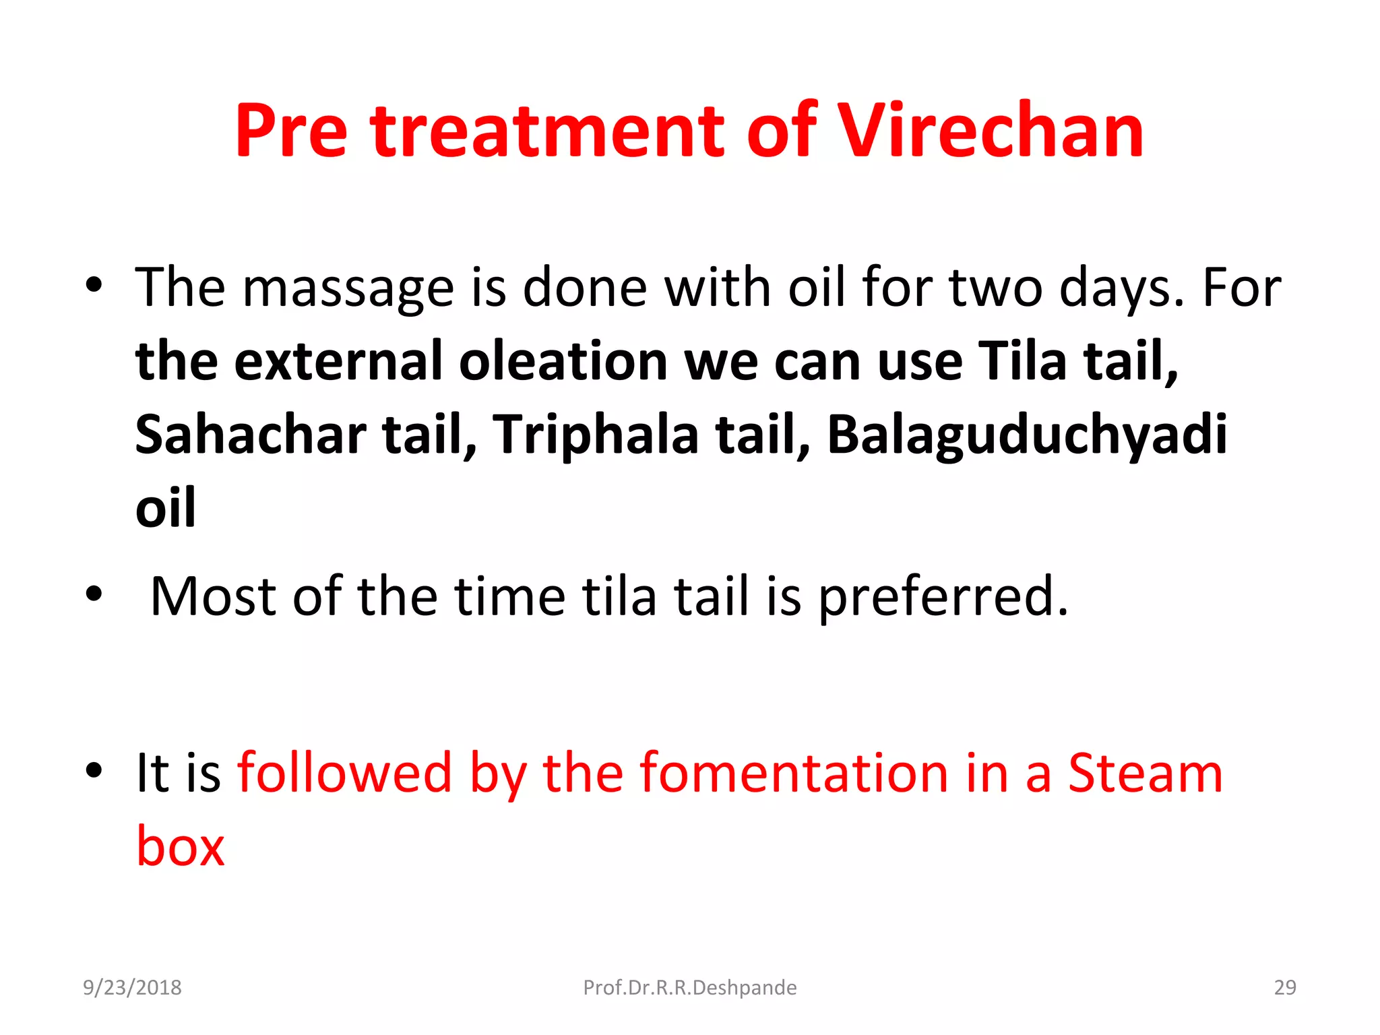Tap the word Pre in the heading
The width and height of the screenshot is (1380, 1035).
click(291, 131)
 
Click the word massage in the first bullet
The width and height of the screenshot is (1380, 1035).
click(348, 288)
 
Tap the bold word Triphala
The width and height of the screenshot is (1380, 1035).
click(596, 435)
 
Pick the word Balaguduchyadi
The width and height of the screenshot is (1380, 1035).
click(1026, 435)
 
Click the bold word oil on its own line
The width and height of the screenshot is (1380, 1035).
click(166, 508)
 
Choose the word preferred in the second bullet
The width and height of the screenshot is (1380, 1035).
click(943, 597)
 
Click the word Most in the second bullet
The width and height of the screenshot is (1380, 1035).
click(213, 597)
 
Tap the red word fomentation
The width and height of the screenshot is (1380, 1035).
click(794, 773)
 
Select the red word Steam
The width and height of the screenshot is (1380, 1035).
click(1145, 773)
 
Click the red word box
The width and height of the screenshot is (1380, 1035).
click(181, 846)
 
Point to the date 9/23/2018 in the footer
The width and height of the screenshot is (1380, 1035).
click(132, 987)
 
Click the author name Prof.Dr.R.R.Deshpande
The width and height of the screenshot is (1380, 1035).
click(689, 987)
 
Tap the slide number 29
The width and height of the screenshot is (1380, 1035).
click(1284, 987)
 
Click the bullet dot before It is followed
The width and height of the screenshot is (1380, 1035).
click(94, 770)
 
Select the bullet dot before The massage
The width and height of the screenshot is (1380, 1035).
click(94, 285)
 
